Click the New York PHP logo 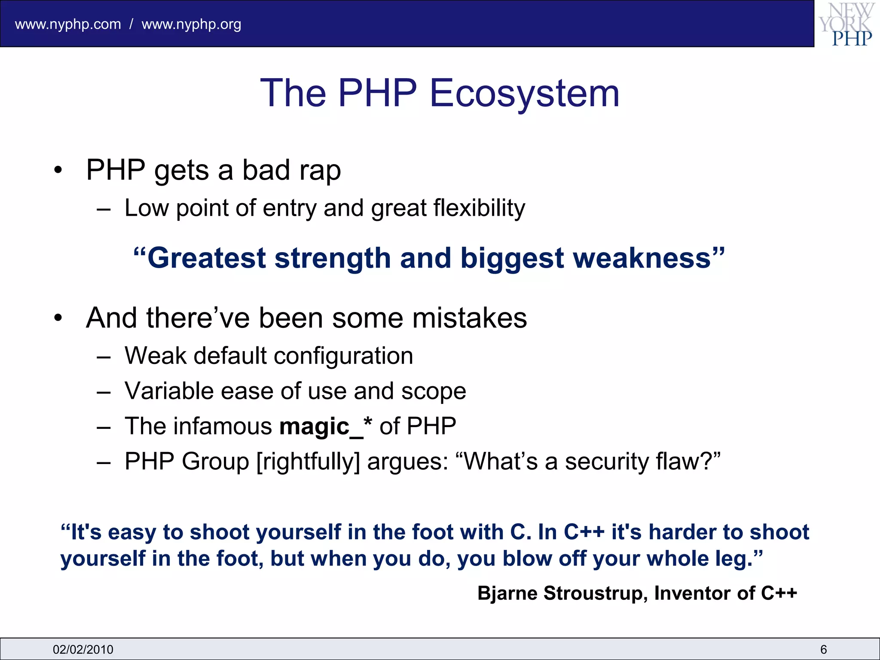(x=847, y=24)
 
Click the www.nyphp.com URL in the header (x=68, y=24)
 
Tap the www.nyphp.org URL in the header (x=191, y=24)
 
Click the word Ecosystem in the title (x=524, y=93)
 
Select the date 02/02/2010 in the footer (x=83, y=649)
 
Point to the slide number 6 (x=823, y=649)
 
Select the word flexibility (x=479, y=208)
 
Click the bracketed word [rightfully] (x=308, y=462)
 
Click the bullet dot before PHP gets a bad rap (x=58, y=170)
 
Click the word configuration (x=343, y=356)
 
